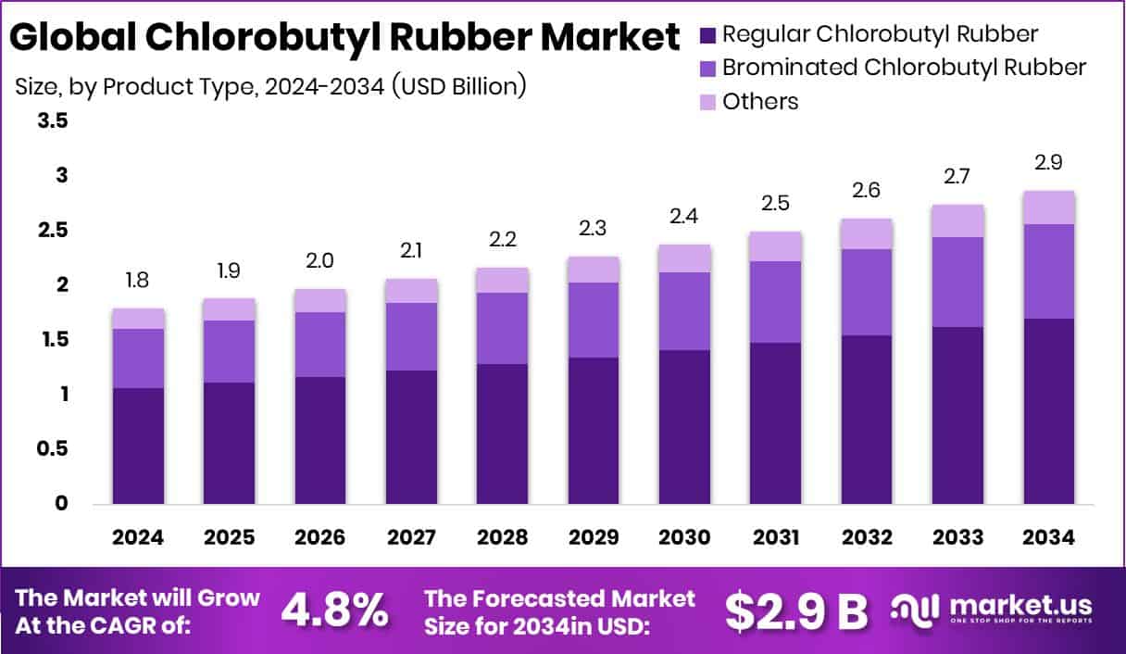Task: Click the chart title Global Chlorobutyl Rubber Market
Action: click(344, 38)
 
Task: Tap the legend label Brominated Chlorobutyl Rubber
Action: click(904, 68)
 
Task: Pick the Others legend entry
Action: click(760, 101)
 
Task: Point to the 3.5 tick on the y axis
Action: click(52, 121)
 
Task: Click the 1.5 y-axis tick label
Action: click(52, 340)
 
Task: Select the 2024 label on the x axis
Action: click(138, 537)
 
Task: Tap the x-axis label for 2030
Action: click(684, 537)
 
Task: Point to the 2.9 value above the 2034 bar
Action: click(1048, 163)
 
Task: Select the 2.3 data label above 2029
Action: click(594, 229)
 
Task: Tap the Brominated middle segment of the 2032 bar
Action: click(867, 292)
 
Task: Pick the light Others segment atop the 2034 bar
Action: click(1048, 208)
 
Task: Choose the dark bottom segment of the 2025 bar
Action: click(229, 443)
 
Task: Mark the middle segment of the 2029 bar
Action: click(594, 320)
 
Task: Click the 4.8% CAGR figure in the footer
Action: click(334, 610)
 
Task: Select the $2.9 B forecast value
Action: click(796, 610)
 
